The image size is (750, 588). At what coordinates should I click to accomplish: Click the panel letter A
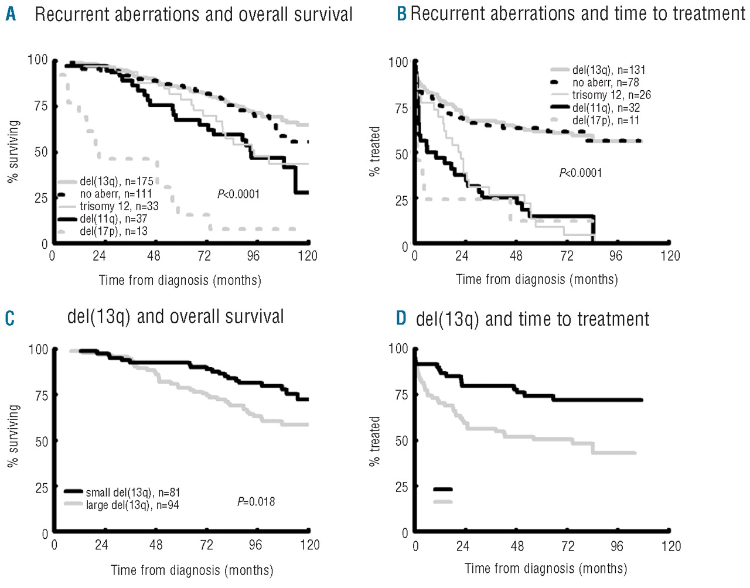point(11,14)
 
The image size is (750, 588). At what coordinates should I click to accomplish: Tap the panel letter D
point(401,318)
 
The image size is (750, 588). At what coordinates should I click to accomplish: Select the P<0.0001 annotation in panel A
point(238,194)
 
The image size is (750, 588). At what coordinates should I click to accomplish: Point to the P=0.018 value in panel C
point(256,501)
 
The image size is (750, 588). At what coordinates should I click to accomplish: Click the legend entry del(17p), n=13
point(114,231)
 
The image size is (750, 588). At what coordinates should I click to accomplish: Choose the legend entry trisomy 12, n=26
point(611,95)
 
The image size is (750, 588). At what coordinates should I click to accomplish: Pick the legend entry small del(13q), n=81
point(132,493)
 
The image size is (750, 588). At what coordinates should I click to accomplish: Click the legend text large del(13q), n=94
point(132,505)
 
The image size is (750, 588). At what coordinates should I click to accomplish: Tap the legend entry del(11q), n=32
point(606,108)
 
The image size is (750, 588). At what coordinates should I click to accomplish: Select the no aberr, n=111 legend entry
point(116,194)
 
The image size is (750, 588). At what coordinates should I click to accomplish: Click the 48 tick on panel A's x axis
point(154,256)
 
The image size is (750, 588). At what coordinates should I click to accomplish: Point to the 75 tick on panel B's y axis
point(401,108)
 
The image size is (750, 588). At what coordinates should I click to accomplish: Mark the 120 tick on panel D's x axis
point(671,546)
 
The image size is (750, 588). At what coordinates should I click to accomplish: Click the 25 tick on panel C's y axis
point(42,487)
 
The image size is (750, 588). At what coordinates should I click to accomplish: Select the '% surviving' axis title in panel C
point(13,436)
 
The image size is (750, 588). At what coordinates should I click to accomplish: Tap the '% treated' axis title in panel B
point(375,152)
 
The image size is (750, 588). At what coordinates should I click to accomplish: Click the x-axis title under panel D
point(546,569)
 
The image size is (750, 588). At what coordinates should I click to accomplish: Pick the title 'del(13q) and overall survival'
point(175,317)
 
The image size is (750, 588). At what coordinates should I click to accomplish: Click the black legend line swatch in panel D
point(443,489)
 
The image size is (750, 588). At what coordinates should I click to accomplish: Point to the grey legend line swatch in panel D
point(443,502)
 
